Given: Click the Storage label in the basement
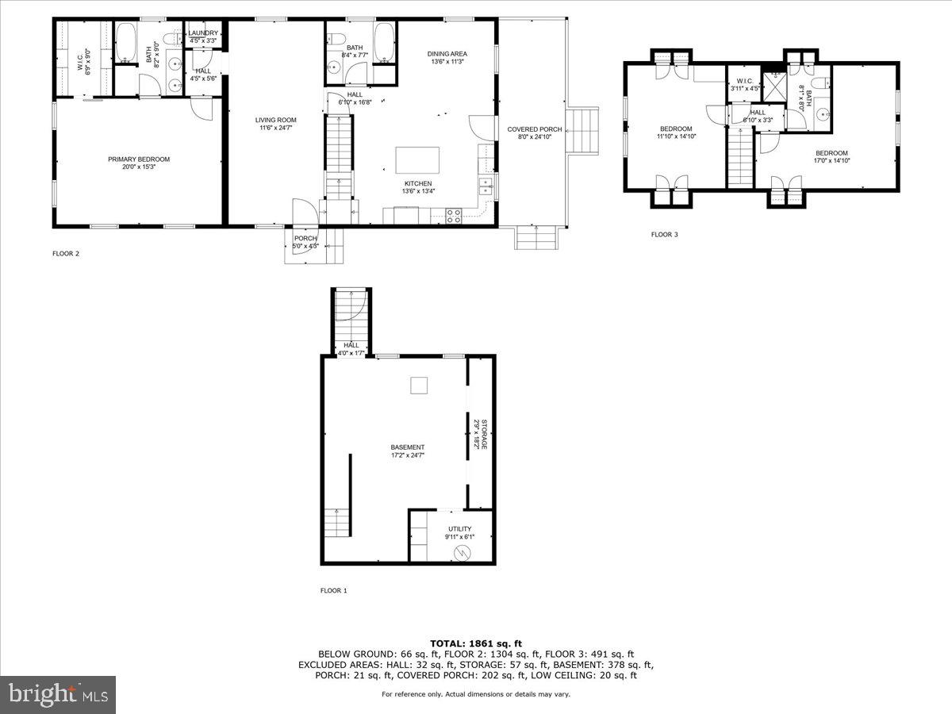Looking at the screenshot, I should pos(479,435).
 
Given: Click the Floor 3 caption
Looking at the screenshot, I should pos(664,234).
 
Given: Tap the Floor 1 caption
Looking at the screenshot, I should pos(333,590).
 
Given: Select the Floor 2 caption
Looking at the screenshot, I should pos(66,254).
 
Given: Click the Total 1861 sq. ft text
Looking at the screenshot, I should pos(476,643).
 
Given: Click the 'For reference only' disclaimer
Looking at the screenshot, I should pos(476,694).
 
